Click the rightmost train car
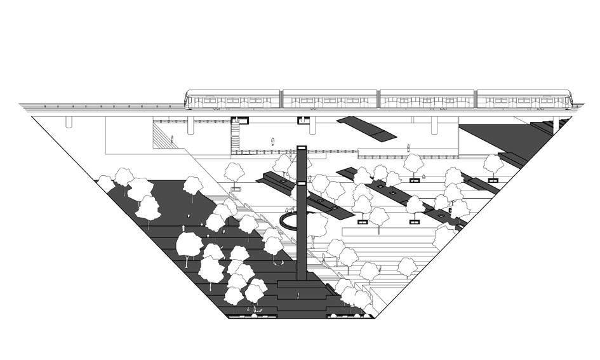point(524,100)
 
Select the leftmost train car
point(232,100)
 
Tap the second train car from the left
point(330,100)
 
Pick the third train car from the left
point(427,100)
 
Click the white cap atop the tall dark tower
point(302,149)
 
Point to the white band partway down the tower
point(302,183)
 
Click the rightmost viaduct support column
point(556,123)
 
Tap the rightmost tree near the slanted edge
point(493,163)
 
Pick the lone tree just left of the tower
point(235,171)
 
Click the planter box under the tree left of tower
point(236,189)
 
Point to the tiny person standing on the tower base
point(298,293)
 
